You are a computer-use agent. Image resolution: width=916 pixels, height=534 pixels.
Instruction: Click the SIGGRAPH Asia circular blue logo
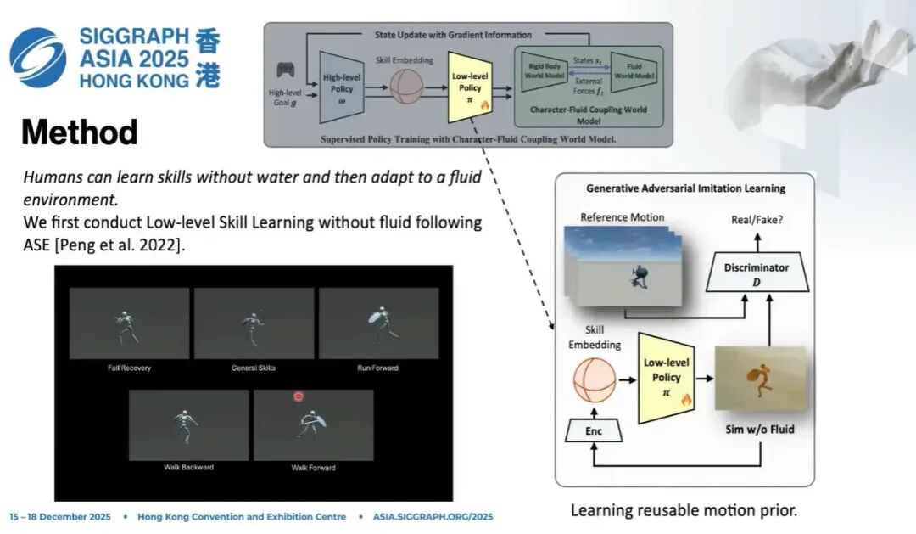[37, 57]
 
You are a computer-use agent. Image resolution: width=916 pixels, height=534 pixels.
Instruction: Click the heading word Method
[79, 132]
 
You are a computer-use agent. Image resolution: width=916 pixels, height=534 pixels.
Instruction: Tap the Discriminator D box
[756, 273]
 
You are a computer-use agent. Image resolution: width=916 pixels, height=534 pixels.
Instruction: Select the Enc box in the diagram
[594, 431]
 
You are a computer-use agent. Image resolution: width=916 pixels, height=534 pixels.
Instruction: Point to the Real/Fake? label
[757, 219]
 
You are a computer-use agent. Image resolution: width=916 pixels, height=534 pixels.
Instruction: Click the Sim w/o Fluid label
[760, 429]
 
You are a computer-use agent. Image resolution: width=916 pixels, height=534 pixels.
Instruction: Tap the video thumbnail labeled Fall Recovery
[129, 323]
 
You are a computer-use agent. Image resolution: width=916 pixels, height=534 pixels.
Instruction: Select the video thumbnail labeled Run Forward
[378, 323]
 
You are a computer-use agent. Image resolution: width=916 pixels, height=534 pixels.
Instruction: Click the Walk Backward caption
[188, 468]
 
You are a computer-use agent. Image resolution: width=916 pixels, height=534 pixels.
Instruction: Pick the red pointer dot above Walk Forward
[299, 396]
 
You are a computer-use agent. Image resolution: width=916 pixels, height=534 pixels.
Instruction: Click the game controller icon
[286, 70]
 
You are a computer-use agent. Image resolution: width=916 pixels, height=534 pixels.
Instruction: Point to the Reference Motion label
[622, 216]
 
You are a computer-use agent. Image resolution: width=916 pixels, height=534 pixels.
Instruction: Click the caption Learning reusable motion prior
[684, 510]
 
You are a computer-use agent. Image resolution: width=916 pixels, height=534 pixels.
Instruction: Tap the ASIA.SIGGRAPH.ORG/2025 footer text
[433, 517]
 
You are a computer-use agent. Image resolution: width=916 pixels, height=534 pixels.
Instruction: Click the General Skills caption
[253, 368]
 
